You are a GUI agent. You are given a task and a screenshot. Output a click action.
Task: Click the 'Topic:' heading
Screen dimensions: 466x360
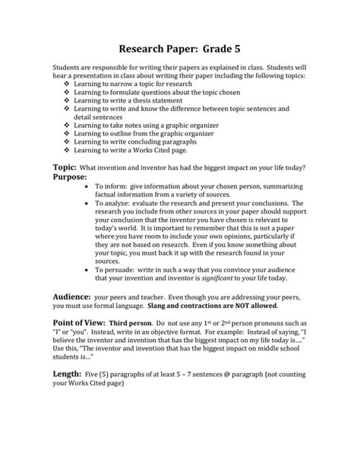[x=64, y=166]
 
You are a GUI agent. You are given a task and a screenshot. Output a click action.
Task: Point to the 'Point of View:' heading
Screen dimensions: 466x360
[x=83, y=322]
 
